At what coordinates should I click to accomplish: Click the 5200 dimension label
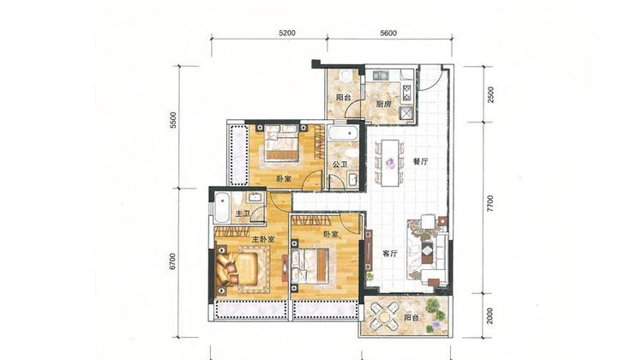click(x=286, y=33)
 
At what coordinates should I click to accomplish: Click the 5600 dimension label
click(x=388, y=33)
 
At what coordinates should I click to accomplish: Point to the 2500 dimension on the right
click(x=490, y=95)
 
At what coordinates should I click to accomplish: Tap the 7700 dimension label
click(x=490, y=204)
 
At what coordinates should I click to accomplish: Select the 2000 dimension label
click(x=490, y=315)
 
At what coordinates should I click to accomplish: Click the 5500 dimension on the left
click(x=173, y=120)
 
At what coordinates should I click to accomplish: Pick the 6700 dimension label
click(x=172, y=261)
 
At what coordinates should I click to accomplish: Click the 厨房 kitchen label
click(x=383, y=105)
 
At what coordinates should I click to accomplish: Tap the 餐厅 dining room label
click(x=420, y=161)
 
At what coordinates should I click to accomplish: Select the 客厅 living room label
click(x=390, y=254)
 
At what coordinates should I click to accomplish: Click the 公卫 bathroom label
click(x=340, y=165)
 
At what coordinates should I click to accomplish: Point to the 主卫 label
click(x=243, y=213)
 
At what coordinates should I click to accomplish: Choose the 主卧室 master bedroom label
click(x=263, y=239)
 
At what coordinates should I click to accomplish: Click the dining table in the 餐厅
click(x=390, y=162)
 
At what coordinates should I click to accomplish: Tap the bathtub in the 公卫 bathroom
click(x=343, y=134)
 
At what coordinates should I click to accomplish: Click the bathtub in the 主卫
click(x=222, y=207)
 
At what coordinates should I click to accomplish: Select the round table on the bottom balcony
click(x=384, y=317)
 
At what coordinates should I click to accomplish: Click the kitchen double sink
click(x=381, y=75)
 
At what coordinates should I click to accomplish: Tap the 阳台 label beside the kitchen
click(x=343, y=98)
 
